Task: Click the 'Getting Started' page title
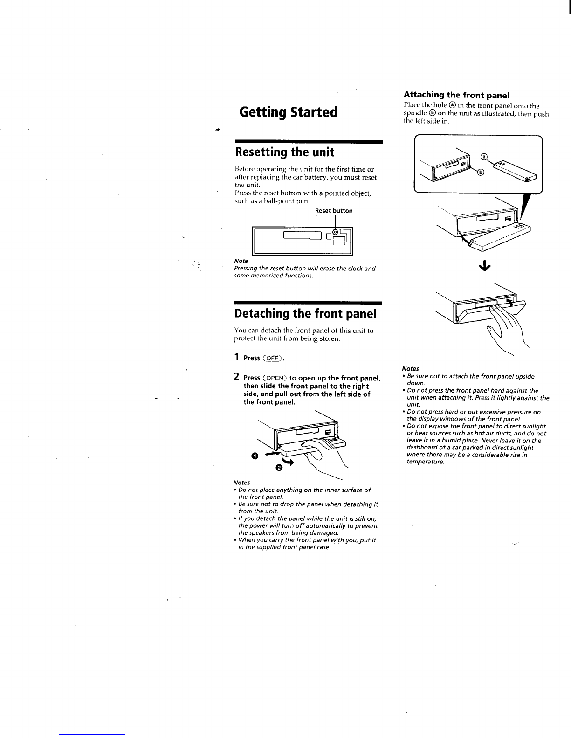pos(288,112)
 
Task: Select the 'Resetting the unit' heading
pos(285,152)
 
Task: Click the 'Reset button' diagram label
pos(334,211)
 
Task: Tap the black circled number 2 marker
pos(279,468)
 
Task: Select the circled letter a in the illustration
pos(484,157)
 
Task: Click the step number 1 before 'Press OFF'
pos(237,358)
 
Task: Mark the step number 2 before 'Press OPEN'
pos(237,377)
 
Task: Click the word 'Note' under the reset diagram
pos(241,261)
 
